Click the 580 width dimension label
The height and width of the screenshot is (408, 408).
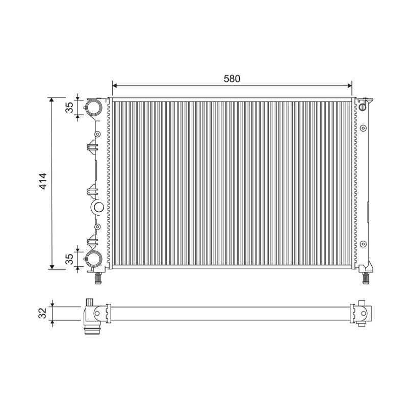click(232, 79)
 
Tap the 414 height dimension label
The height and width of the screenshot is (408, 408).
click(42, 181)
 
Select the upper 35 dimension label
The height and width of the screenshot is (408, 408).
click(69, 108)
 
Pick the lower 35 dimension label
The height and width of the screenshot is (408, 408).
click(69, 259)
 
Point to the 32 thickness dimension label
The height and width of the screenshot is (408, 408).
click(42, 313)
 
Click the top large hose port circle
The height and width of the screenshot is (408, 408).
click(94, 107)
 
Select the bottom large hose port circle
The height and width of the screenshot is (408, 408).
click(94, 258)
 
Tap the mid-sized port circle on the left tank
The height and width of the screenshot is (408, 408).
click(98, 208)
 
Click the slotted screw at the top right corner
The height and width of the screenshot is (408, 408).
click(363, 107)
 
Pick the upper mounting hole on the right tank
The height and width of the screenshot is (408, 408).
click(363, 128)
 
